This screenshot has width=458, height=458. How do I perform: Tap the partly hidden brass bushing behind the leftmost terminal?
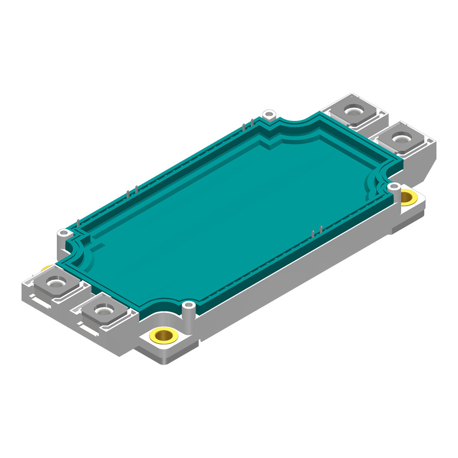pos(46,268)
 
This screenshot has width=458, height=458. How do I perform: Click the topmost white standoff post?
pos(270,113)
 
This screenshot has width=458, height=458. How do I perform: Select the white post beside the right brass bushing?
pos(393,187)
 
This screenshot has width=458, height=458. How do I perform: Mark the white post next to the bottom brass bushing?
pos(188,305)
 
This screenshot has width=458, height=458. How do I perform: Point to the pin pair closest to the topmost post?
pos(247,124)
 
